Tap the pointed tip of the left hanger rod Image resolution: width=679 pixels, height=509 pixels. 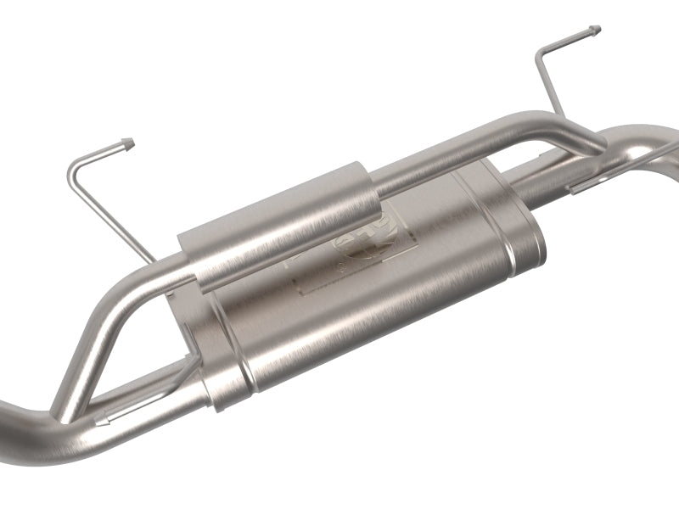128,138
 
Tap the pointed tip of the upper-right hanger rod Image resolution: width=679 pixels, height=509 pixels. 596,31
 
